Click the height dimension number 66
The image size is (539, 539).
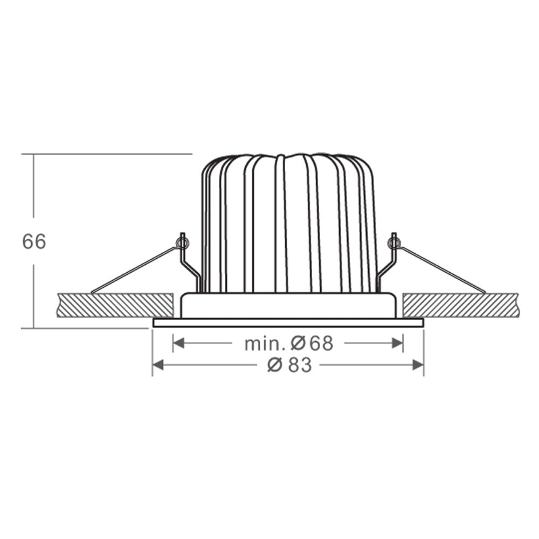coord(34,241)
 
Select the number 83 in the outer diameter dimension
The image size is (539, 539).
coord(299,365)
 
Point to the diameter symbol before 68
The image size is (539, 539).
coord(300,343)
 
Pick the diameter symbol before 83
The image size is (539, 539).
coord(274,365)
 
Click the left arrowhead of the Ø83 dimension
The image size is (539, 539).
coord(158,365)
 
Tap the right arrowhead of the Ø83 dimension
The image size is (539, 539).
coord(418,365)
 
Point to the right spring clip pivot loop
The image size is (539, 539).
coord(395,244)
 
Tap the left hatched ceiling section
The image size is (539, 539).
coord(113,305)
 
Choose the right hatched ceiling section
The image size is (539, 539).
coord(461,305)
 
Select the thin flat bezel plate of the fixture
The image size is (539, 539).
coord(288,323)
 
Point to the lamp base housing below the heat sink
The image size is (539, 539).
coord(288,306)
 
